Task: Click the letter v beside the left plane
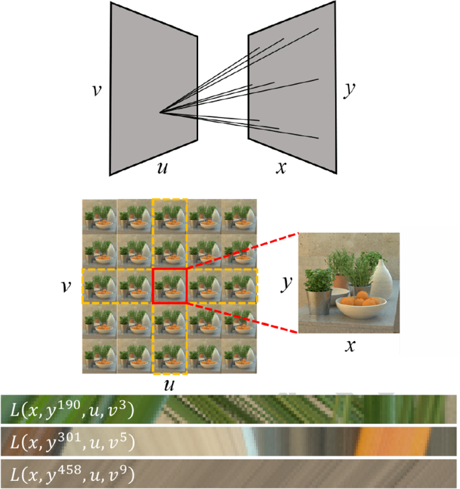click(97, 90)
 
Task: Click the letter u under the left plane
click(163, 167)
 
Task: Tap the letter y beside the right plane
click(349, 90)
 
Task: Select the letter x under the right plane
click(281, 167)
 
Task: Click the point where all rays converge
click(160, 112)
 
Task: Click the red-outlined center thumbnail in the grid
click(169, 286)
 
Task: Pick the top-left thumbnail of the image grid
click(99, 216)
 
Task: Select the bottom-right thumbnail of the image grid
click(239, 356)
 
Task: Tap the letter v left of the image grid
click(66, 287)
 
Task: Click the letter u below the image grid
click(169, 385)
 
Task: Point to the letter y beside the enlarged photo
click(286, 284)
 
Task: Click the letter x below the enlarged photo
click(350, 346)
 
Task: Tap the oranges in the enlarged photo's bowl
click(361, 299)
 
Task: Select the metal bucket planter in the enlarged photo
click(318, 301)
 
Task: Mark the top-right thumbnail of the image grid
click(239, 216)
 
